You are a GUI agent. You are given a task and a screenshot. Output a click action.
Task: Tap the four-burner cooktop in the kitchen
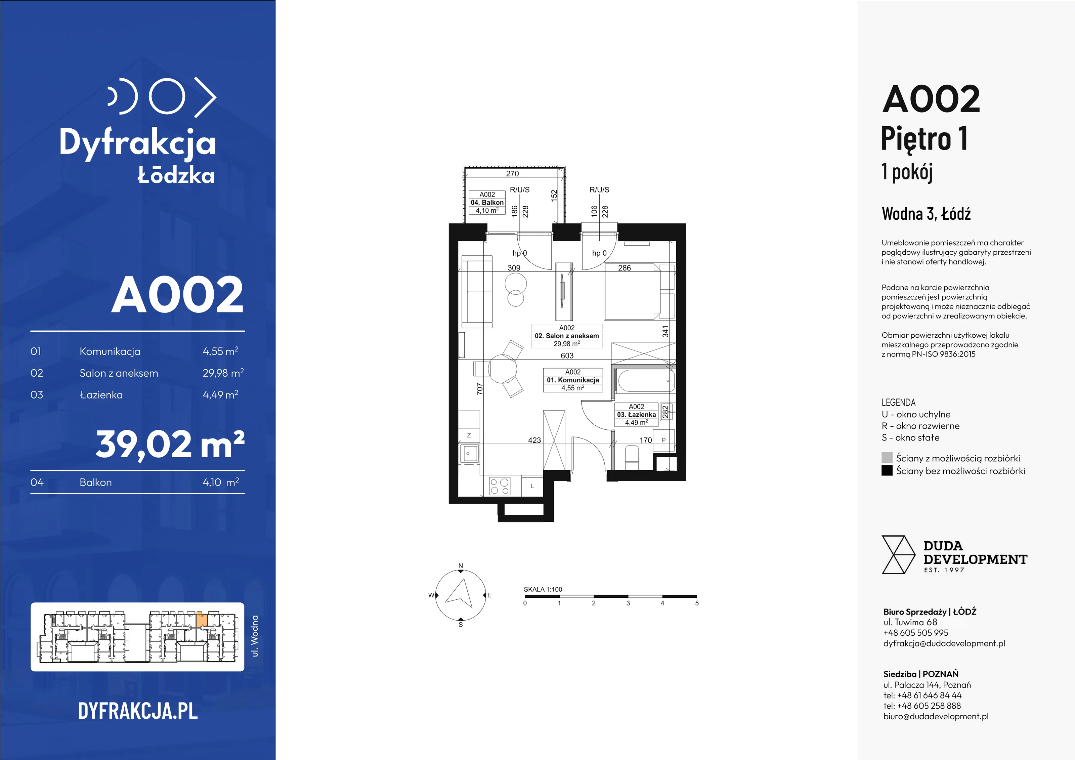coord(500,485)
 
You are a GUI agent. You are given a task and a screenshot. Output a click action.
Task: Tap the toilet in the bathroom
coord(632,458)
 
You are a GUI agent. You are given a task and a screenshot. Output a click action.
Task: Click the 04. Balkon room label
coord(487,203)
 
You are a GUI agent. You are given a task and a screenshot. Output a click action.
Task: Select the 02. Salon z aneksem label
coord(566,336)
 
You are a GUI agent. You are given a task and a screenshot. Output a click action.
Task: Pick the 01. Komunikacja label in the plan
coord(573,380)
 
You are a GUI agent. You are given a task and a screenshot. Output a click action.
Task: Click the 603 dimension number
coord(567,356)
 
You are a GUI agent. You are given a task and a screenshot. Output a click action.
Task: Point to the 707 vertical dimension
coord(479,389)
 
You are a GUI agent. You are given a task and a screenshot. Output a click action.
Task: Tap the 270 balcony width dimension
coord(513,174)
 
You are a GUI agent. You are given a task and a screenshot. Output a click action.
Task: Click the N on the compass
coord(461,566)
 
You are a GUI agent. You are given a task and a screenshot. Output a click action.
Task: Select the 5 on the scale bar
coord(697,603)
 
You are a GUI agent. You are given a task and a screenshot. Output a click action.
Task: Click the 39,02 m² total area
coord(170,445)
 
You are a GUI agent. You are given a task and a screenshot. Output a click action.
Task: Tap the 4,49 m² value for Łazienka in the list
coord(220,395)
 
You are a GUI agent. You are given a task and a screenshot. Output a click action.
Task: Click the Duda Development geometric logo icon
coord(898,555)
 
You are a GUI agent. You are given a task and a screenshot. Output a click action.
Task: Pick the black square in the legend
coord(887,471)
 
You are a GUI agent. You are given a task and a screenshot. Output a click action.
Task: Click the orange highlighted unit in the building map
coord(201,619)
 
